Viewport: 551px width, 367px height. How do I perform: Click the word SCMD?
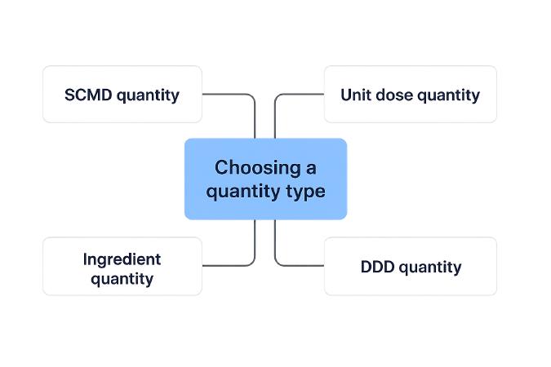point(88,95)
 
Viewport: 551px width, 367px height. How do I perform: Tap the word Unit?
point(355,95)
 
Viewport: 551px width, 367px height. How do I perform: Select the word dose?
point(393,95)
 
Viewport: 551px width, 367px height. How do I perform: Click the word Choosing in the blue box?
point(254,167)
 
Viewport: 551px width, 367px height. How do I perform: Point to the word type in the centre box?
point(305,192)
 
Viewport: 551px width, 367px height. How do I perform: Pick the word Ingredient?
point(122,259)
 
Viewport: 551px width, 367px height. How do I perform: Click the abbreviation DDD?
point(377,267)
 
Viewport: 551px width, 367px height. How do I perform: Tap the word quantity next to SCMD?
point(148,95)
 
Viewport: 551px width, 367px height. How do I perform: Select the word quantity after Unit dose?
point(449,95)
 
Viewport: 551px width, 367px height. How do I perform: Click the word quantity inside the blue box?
point(241,192)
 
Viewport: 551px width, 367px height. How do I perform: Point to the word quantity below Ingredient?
point(122,279)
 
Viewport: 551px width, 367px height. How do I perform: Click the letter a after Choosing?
point(310,167)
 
